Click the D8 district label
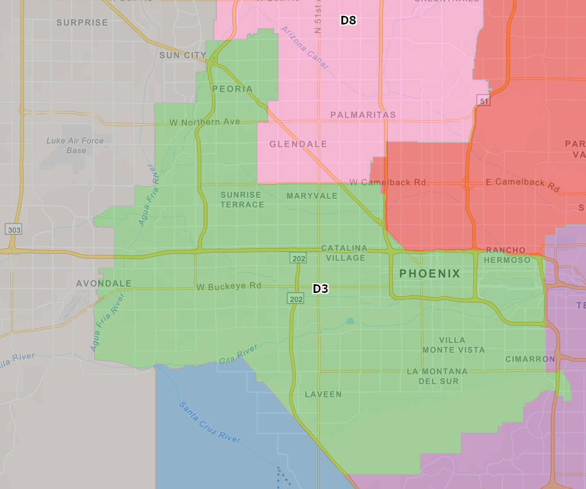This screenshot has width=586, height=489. (348, 21)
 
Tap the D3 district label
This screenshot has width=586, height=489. (320, 289)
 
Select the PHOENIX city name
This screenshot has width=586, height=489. (430, 273)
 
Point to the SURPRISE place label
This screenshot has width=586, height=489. (82, 22)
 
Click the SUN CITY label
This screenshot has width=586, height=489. (182, 55)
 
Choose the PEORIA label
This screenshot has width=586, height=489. (233, 89)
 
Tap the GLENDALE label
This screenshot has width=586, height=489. (298, 144)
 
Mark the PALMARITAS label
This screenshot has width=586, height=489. (363, 115)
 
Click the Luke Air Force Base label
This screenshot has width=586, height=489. (75, 145)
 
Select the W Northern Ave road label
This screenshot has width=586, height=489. (205, 123)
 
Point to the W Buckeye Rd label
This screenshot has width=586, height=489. (229, 286)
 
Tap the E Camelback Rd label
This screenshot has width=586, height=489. (522, 185)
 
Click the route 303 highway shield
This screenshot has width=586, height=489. (14, 230)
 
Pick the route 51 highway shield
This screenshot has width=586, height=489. (483, 100)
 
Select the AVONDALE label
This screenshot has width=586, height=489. (104, 284)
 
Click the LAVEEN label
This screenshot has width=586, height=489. (323, 394)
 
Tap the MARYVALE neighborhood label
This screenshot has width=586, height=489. (312, 196)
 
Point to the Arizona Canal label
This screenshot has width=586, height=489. (305, 47)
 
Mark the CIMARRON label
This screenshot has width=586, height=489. (530, 359)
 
